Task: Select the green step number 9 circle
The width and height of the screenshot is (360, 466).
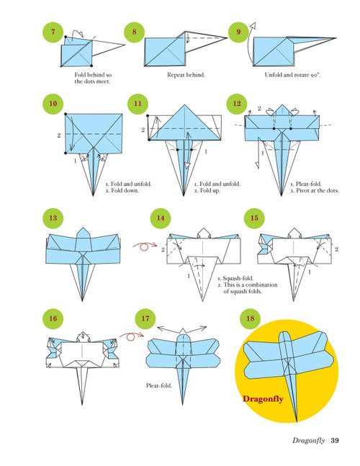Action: pos(237,33)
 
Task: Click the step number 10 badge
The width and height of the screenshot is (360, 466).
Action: pos(50,104)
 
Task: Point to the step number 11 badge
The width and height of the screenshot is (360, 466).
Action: pos(138,104)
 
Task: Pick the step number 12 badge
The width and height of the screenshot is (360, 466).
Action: pos(236,104)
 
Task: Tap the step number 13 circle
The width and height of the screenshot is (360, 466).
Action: pos(50,219)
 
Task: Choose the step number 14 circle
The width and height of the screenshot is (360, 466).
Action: pos(160,219)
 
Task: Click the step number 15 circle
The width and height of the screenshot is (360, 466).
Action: pos(253,219)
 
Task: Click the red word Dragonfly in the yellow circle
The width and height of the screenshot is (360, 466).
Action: pos(266,398)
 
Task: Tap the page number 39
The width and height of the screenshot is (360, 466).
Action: pos(336,442)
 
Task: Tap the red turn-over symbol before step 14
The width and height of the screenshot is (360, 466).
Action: pos(143,246)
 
